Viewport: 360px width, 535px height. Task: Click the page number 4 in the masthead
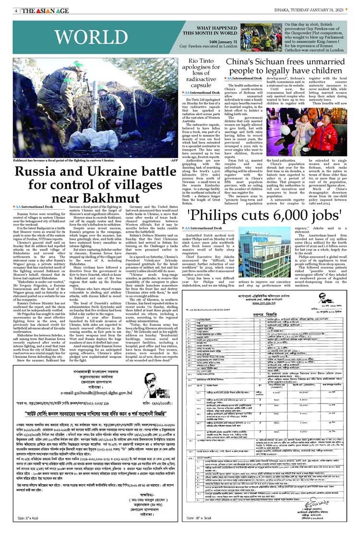pyautogui.click(x=16, y=11)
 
